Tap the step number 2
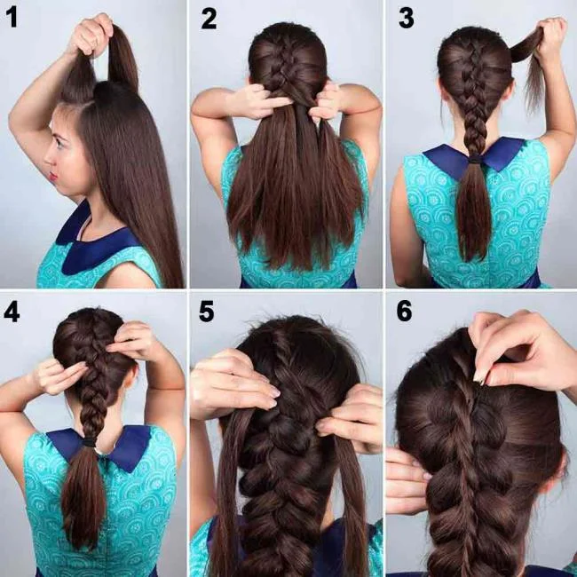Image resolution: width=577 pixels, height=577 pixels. (x=209, y=18)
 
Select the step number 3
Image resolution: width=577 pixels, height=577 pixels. (x=405, y=18)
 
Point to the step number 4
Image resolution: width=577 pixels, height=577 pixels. (x=12, y=312)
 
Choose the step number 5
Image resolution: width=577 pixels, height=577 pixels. (x=208, y=312)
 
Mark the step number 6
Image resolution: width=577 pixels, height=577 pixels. (x=405, y=312)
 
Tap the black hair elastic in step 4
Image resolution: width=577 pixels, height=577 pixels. (x=90, y=440)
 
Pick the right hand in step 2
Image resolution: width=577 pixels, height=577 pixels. (x=323, y=103)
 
